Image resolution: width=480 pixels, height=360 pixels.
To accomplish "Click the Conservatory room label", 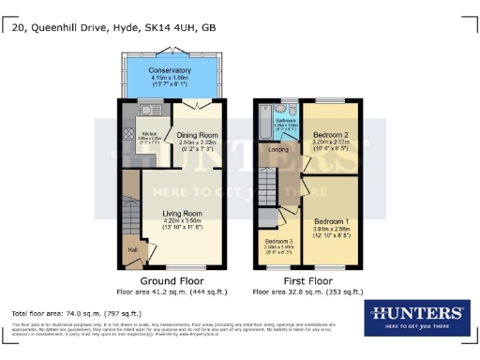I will [x=170, y=70].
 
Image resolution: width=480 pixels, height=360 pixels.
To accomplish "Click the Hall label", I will [x=132, y=249].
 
